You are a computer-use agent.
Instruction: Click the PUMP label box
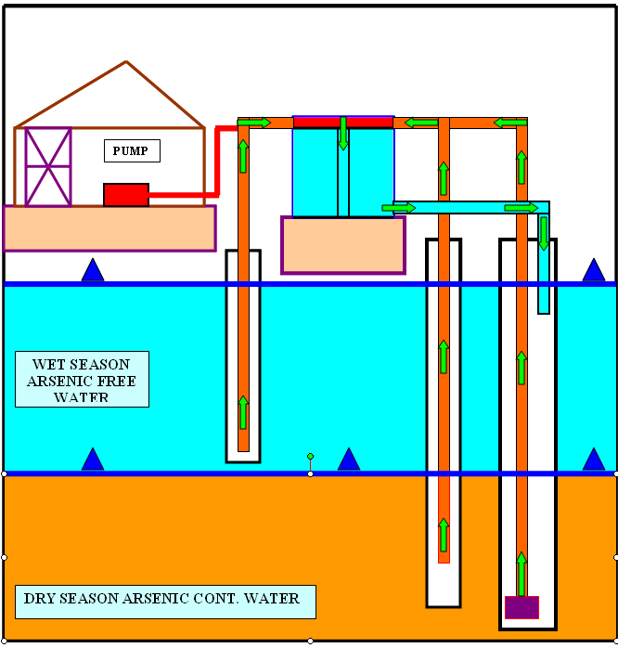pyautogui.click(x=131, y=150)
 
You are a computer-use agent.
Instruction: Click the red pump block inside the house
pyautogui.click(x=126, y=194)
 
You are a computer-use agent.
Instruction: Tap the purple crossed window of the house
pyautogui.click(x=48, y=166)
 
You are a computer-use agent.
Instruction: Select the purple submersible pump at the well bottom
pyautogui.click(x=521, y=607)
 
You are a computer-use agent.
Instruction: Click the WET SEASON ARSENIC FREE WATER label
pyautogui.click(x=82, y=379)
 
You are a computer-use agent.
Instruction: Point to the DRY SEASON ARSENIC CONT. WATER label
pyautogui.click(x=165, y=601)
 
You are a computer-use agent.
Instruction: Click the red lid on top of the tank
pyautogui.click(x=343, y=122)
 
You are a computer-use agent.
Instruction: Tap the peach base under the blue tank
pyautogui.click(x=343, y=245)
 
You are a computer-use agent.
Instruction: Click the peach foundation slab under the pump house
pyautogui.click(x=109, y=228)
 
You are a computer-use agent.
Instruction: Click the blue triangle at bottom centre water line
pyautogui.click(x=349, y=460)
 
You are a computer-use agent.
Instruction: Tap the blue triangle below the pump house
pyautogui.click(x=93, y=270)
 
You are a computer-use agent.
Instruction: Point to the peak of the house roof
pyautogui.click(x=125, y=62)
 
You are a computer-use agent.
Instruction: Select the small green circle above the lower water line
pyautogui.click(x=310, y=456)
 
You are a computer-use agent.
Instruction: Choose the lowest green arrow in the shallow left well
pyautogui.click(x=243, y=411)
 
